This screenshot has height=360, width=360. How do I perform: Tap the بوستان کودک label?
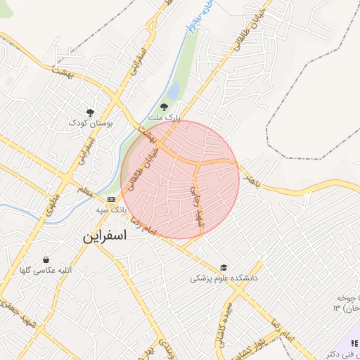coord(91,122)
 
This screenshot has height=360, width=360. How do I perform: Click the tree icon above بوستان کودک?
coord(90,112)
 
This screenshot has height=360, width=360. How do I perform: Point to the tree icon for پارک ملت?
coord(164,107)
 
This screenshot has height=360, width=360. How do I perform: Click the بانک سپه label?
coord(111,210)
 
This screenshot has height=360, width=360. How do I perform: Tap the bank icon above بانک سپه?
coord(111,199)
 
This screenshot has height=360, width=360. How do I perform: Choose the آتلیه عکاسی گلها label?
coord(46,270)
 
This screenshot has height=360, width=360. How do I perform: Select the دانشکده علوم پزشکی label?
coord(224,278)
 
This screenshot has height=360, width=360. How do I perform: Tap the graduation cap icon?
coord(224,267)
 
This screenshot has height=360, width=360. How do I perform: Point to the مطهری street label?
coord(51,204)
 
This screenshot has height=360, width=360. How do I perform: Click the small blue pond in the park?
coord(172,91)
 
